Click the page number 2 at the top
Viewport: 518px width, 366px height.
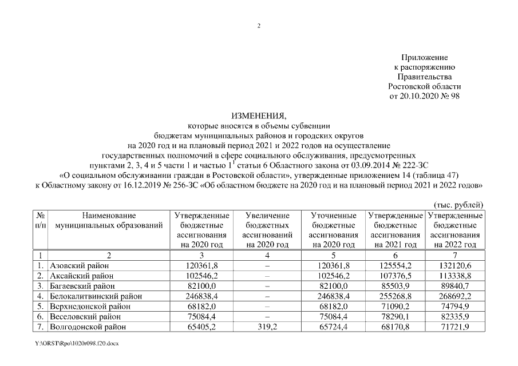coord(259,26)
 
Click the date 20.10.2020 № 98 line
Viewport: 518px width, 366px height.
coord(424,96)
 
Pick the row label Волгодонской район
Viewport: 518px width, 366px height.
coord(86,327)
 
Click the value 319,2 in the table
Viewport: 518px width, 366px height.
coord(267,327)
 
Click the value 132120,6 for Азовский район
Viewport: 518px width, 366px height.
coord(456,265)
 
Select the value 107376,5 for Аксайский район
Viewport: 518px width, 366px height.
coord(395,276)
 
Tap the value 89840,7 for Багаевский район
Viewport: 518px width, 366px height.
coord(456,286)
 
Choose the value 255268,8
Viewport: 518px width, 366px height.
coord(395,296)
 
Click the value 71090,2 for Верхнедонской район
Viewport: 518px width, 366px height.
coord(395,307)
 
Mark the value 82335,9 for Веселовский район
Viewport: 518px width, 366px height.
coord(456,317)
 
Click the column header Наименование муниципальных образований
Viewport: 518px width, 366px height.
coord(109,221)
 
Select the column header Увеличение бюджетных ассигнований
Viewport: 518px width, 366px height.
coord(267,230)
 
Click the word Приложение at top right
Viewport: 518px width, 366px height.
coord(424,58)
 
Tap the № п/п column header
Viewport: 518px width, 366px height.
coord(41,221)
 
